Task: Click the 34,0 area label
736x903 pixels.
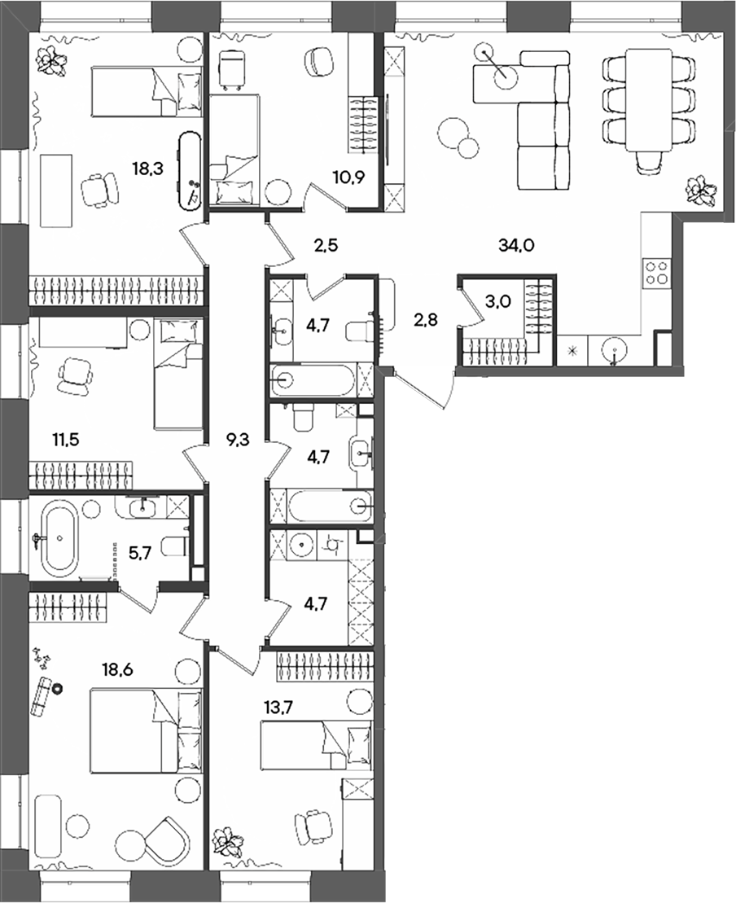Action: (515, 243)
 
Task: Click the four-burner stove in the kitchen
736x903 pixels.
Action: (656, 272)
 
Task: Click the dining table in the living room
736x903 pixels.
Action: (648, 99)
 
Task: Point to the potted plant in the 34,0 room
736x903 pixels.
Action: (700, 191)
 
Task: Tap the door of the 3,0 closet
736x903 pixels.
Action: (467, 305)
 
